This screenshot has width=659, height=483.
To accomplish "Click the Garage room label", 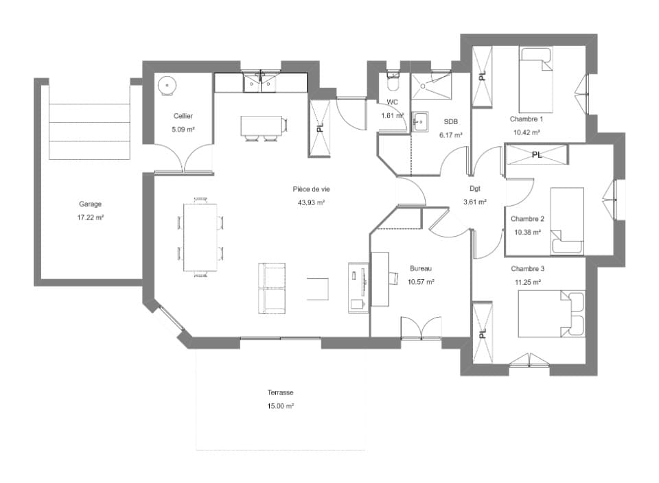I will (x=90, y=204).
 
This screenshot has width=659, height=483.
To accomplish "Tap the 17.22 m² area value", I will (x=90, y=217).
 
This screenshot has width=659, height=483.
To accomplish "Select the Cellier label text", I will (x=183, y=116).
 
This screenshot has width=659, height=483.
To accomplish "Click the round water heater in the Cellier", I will (x=167, y=84).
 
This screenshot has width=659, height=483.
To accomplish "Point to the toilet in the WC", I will (x=393, y=82).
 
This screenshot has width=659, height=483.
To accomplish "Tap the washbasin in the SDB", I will (x=420, y=121).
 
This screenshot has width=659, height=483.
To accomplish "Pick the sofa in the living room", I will (x=272, y=287).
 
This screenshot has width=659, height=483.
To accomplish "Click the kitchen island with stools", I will (x=264, y=126).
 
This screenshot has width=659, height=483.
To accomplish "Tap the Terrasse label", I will (x=281, y=393).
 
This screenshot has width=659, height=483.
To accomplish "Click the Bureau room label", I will (x=421, y=268).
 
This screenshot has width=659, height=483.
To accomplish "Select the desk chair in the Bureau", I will (x=396, y=277).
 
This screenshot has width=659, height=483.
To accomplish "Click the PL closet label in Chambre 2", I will (x=537, y=155).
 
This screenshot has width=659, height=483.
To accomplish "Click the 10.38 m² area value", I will (x=528, y=232).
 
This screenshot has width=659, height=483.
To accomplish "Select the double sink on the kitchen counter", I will (x=261, y=82).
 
